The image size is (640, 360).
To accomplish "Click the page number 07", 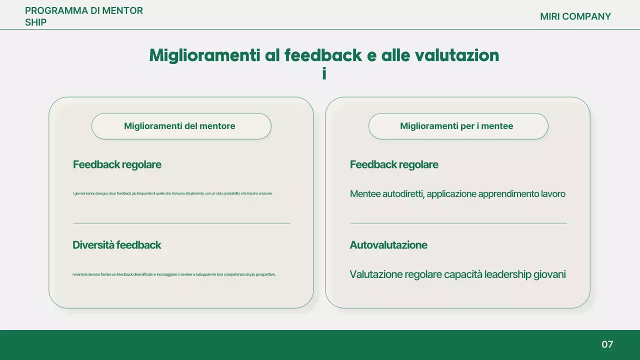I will tap(607, 344).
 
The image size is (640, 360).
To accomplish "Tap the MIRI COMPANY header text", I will tap(575, 16).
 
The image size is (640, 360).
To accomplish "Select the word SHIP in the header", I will tap(35, 22).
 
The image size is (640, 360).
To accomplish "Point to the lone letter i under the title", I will tap(324, 73).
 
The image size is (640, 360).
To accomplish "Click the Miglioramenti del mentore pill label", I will tap(179, 126).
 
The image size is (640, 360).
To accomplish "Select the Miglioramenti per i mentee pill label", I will tap(456, 126).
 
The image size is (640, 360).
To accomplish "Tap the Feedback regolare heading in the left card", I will tap(117, 164).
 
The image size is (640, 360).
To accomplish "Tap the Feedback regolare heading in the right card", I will tap(394, 164).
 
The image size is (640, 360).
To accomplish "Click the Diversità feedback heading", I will tap(116, 245).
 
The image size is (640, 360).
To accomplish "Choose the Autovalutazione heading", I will tap(388, 245).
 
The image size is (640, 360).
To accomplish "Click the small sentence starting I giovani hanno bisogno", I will tap(172, 193).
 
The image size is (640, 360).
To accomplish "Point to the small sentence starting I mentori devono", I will tap(174, 274).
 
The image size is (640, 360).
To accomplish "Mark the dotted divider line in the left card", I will tap(181, 223).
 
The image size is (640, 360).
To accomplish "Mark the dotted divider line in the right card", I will tap(458, 223).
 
